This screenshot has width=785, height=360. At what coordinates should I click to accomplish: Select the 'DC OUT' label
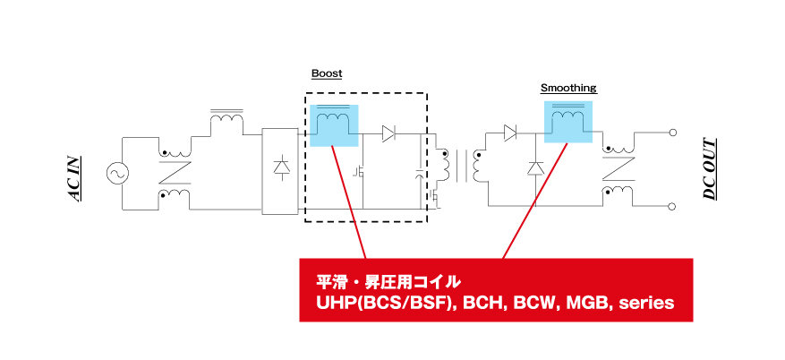point(710,169)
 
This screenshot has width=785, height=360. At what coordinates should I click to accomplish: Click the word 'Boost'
point(327,73)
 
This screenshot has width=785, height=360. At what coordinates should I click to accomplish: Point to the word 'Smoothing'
point(568,88)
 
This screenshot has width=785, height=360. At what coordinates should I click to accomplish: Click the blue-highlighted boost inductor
point(334,125)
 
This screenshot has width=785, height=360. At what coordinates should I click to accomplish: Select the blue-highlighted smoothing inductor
point(567,122)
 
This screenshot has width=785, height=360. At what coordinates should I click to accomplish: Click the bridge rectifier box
point(280,171)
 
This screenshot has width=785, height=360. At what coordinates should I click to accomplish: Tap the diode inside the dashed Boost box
point(388,133)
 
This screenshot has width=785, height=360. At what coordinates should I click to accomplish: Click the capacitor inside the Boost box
point(420,175)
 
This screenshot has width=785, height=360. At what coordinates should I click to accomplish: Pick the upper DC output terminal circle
point(673,133)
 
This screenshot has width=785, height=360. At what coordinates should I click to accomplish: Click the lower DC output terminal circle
point(673,206)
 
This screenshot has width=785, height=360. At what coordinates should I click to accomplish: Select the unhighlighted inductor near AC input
point(226,120)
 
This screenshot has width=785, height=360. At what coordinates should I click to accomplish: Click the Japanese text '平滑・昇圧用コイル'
point(388,282)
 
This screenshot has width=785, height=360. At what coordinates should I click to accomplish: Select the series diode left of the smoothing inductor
point(510,133)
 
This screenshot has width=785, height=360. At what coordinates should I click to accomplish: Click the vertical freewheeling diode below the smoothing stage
point(535,168)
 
